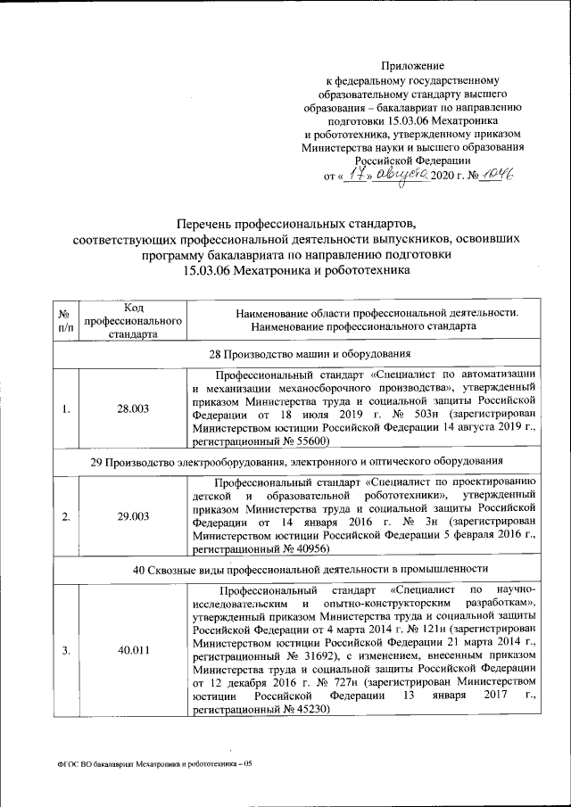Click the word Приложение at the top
point(412,65)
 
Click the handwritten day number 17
point(357,175)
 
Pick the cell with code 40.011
point(133,649)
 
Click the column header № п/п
point(64,322)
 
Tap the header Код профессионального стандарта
point(133,321)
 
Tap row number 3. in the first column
point(65,649)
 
